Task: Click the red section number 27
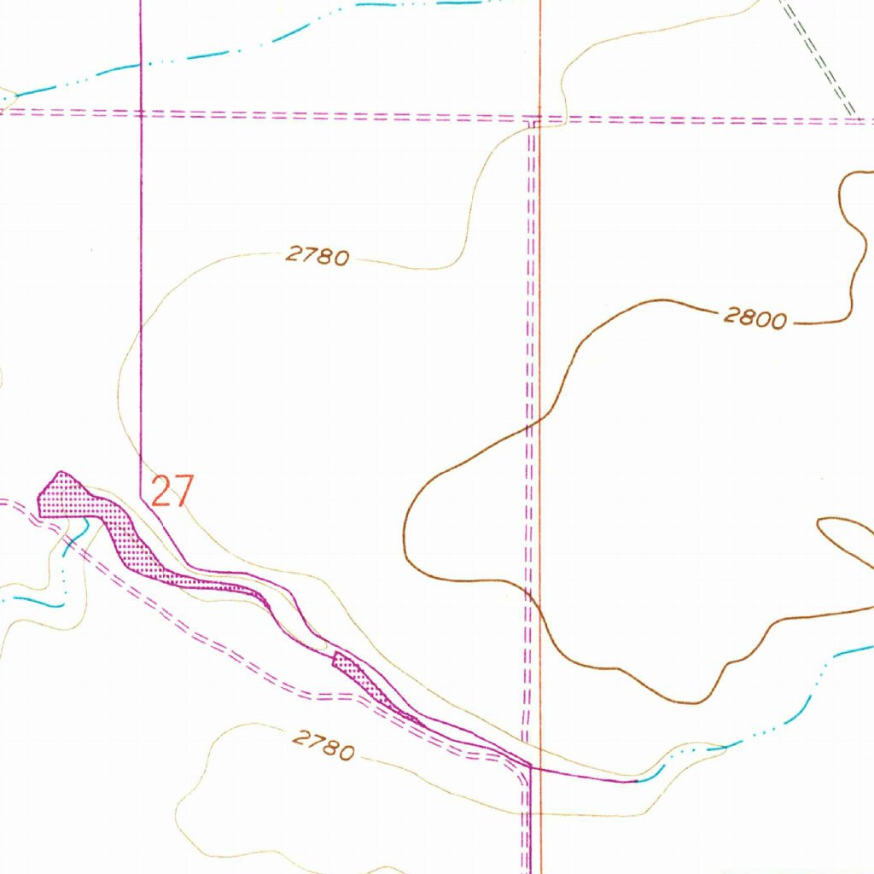coord(172,492)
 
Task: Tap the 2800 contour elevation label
coord(755,318)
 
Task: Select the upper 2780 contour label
coord(318,254)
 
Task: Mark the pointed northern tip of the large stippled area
coord(60,472)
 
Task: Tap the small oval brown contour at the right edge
coord(845,538)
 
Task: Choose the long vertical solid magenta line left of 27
coord(140,256)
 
